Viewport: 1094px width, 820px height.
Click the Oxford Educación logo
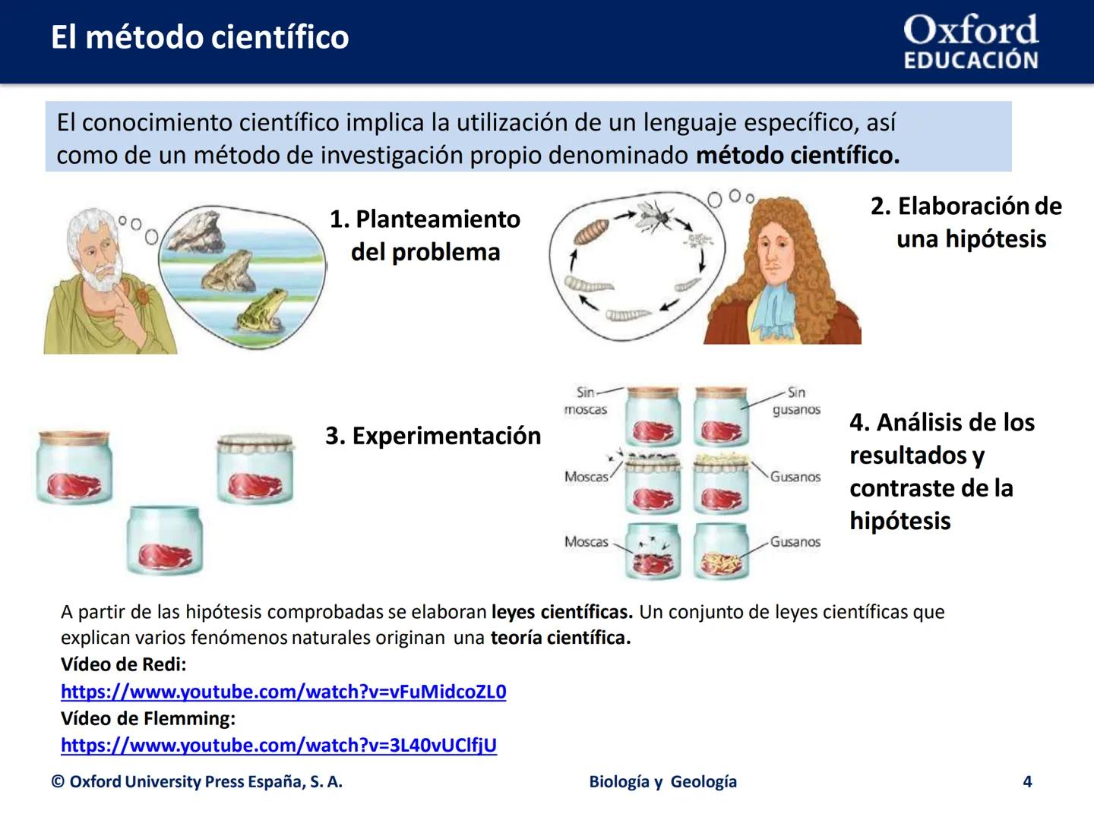point(970,43)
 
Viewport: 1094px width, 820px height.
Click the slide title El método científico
point(200,37)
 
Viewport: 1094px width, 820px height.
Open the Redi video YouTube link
point(283,692)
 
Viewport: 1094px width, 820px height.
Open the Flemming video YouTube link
point(278,746)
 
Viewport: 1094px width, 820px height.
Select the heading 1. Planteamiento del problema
point(425,235)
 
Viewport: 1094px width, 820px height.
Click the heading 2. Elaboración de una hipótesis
point(966,222)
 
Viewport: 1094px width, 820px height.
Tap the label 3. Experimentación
point(433,436)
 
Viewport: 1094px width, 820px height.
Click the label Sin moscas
point(586,401)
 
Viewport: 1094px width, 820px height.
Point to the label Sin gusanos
point(795,401)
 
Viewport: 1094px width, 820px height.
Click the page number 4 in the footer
point(1027,781)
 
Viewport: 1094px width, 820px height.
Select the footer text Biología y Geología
point(662,781)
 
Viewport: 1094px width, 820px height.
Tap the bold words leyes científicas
point(561,612)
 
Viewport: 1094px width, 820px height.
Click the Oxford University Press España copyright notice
point(197,781)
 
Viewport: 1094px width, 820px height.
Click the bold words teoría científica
point(560,638)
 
